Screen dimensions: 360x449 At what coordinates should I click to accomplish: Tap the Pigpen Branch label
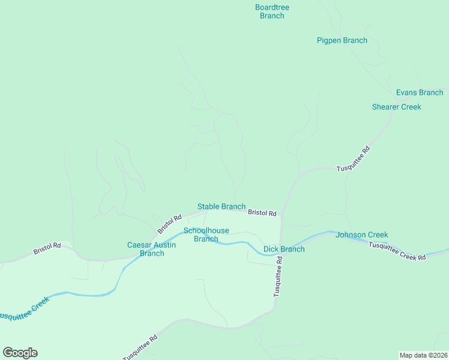click(x=342, y=40)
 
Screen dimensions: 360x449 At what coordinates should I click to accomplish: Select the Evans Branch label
click(x=419, y=92)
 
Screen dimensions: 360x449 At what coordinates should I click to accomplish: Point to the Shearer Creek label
click(x=396, y=107)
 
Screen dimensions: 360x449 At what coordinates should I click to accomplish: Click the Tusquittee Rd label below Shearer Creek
click(x=354, y=159)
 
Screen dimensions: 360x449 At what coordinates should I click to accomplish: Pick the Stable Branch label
click(x=221, y=206)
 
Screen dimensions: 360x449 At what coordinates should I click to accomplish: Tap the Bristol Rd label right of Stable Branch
click(x=262, y=213)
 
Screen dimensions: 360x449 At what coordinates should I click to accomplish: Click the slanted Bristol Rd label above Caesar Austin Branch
click(x=169, y=224)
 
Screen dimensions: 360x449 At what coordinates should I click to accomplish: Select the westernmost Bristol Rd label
click(x=47, y=248)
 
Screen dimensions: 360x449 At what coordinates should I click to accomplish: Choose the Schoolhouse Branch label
click(x=206, y=235)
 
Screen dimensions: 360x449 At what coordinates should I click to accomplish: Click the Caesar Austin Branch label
click(x=151, y=249)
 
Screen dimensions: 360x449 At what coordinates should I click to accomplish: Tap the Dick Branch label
click(x=283, y=249)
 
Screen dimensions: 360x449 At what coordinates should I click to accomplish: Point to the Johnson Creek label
click(x=361, y=235)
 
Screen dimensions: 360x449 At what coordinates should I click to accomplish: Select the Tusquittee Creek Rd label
click(x=397, y=251)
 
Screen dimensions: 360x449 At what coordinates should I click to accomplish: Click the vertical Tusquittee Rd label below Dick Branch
click(x=278, y=280)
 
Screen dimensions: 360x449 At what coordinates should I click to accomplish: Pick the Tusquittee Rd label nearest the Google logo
click(x=140, y=347)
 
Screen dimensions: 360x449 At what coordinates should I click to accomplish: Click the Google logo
click(x=20, y=353)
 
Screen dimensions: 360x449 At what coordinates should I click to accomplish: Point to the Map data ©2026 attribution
click(x=423, y=355)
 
